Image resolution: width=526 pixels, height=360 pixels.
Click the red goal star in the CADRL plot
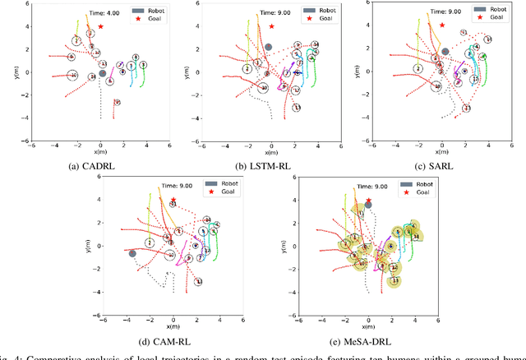pyautogui.click(x=100, y=26)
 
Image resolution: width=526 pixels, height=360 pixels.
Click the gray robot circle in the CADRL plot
pyautogui.click(x=102, y=73)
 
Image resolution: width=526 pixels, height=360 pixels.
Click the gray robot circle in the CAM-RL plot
pyautogui.click(x=132, y=254)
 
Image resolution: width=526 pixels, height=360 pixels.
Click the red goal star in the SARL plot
pyautogui.click(x=442, y=25)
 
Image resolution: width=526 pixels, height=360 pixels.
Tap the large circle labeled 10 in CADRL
pyautogui.click(x=72, y=76)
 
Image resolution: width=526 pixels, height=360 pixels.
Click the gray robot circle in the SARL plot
pyautogui.click(x=445, y=51)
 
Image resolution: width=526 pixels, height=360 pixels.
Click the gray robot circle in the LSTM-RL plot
pyautogui.click(x=268, y=48)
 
